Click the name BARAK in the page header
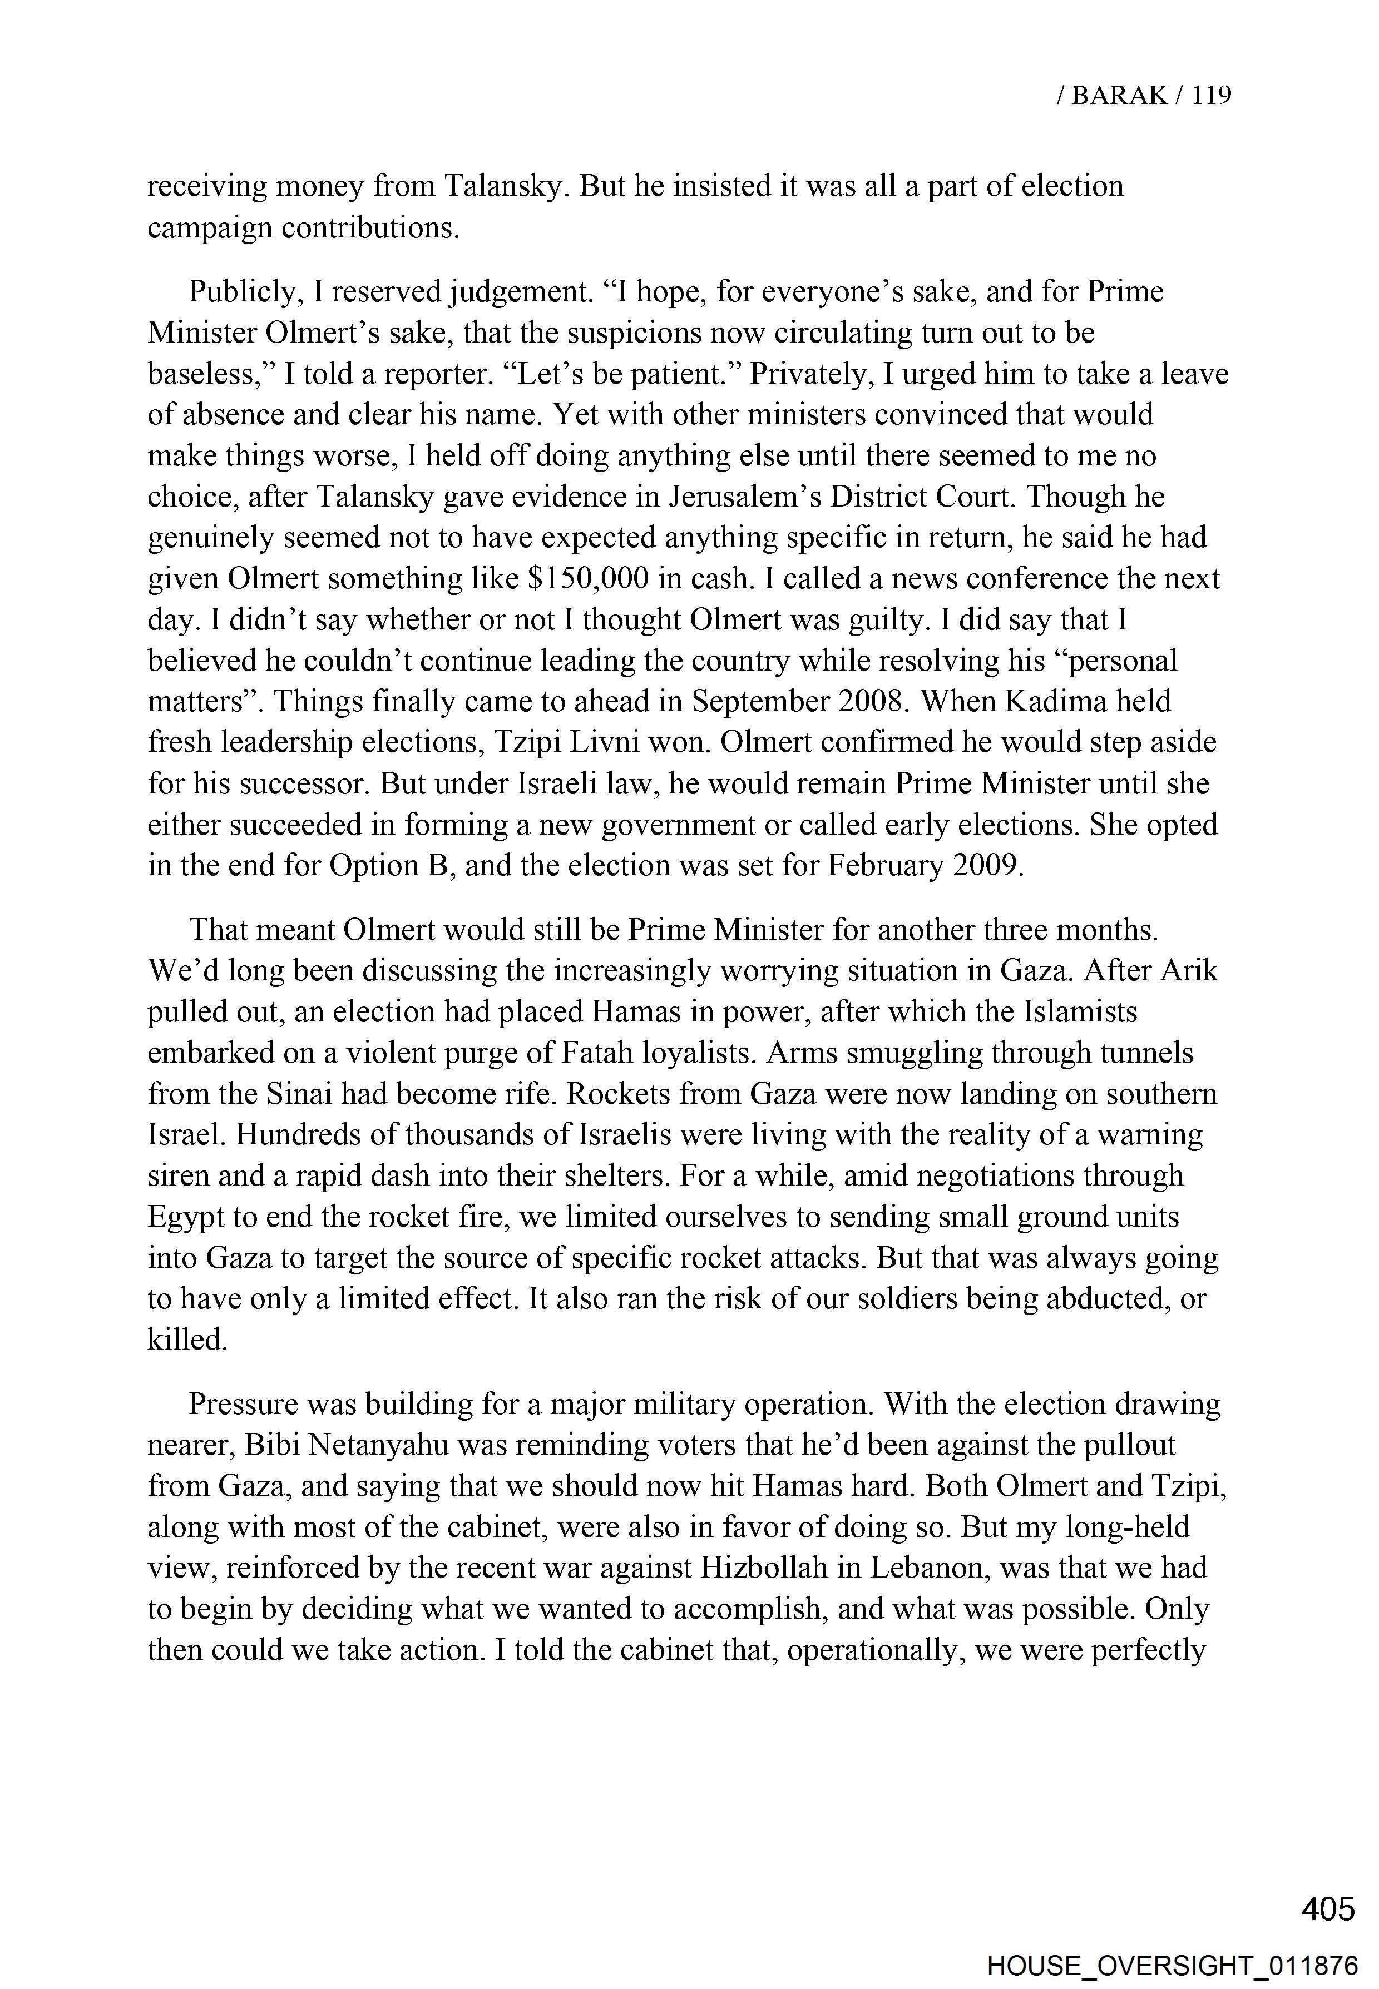[1119, 96]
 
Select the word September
[761, 701]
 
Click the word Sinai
[299, 1094]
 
